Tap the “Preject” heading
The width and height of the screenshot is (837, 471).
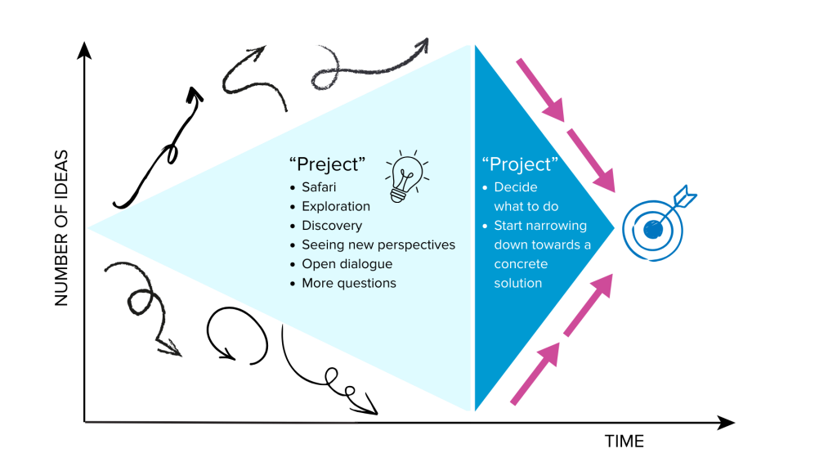(327, 164)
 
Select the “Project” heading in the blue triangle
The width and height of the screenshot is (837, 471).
(520, 164)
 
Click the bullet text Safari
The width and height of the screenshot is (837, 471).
(319, 187)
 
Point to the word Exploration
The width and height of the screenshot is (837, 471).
(336, 206)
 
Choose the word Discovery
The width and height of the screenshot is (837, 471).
(332, 225)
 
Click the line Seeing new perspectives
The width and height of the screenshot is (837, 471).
(378, 244)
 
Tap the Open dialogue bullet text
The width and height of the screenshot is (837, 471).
(347, 263)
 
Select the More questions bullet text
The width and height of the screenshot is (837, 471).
(349, 283)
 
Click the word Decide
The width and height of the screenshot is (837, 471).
(516, 187)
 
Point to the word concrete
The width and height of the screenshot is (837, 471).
(521, 264)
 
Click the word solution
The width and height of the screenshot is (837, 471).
(518, 283)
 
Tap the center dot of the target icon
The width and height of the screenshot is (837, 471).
(652, 230)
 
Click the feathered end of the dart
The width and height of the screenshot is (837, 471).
(683, 195)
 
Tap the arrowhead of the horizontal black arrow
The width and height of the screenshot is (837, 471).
(726, 422)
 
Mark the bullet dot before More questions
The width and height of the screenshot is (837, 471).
(293, 284)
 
